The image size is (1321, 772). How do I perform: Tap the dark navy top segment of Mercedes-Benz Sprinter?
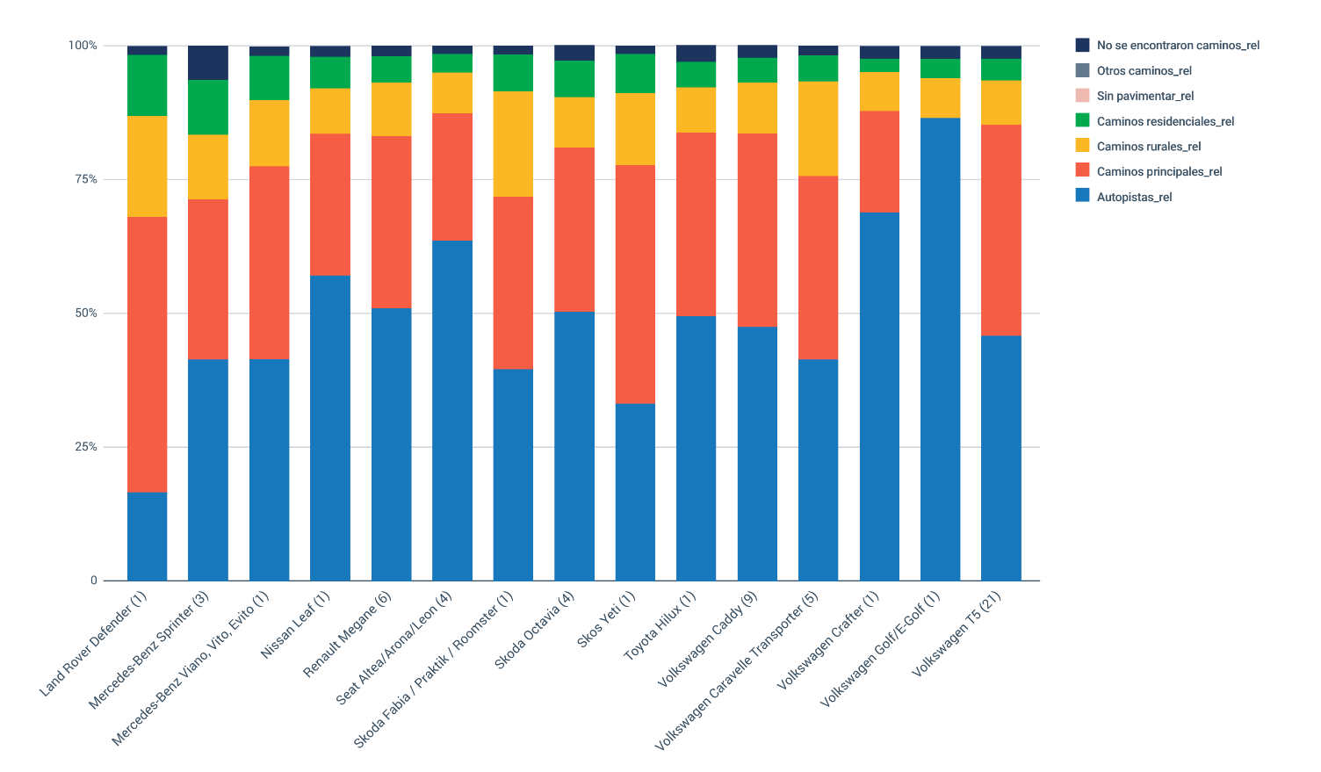coord(208,62)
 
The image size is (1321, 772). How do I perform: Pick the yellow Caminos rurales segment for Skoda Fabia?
coord(513,144)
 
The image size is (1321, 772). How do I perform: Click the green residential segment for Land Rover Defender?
coord(147,85)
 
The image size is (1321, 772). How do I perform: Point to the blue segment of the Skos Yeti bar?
coord(635,492)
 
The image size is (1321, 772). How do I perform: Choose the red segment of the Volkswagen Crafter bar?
coord(879,162)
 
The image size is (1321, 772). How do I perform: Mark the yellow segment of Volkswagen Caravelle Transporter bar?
coord(818,129)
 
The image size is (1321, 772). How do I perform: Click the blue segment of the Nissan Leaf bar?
coord(330,428)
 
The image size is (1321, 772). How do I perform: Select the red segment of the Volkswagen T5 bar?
coord(1000,230)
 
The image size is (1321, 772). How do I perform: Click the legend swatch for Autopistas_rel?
coord(1082,196)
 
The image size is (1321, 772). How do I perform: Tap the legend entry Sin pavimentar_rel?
coord(1144,96)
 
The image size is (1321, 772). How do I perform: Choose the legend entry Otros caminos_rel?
coord(1144,70)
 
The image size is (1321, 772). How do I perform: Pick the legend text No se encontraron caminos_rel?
coord(1178,45)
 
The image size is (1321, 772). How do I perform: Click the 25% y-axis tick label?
coord(87,447)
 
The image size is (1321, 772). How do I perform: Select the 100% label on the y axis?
coord(83,46)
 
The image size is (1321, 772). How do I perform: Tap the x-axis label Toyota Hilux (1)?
coord(660,626)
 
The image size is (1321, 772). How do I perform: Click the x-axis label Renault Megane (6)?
coord(348,634)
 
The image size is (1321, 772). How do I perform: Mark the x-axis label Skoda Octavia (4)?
coord(535,631)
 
